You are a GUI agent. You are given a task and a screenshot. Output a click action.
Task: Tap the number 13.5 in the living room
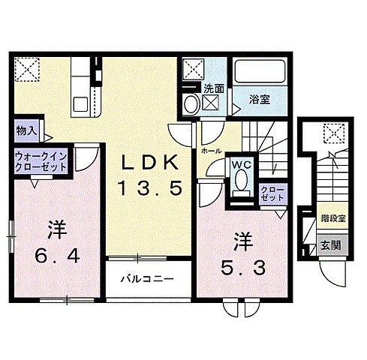(149, 189)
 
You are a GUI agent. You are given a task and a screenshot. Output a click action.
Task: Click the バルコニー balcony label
(149, 279)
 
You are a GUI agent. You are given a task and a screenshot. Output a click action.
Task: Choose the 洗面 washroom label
(213, 88)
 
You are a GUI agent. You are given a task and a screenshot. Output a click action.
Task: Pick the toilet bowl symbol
(241, 182)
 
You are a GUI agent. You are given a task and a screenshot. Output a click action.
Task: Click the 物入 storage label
(26, 130)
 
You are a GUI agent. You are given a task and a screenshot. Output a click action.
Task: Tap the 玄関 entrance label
(329, 244)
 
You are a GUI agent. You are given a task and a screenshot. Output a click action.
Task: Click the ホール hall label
(210, 151)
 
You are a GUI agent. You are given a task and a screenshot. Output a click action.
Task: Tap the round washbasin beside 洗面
(191, 103)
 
